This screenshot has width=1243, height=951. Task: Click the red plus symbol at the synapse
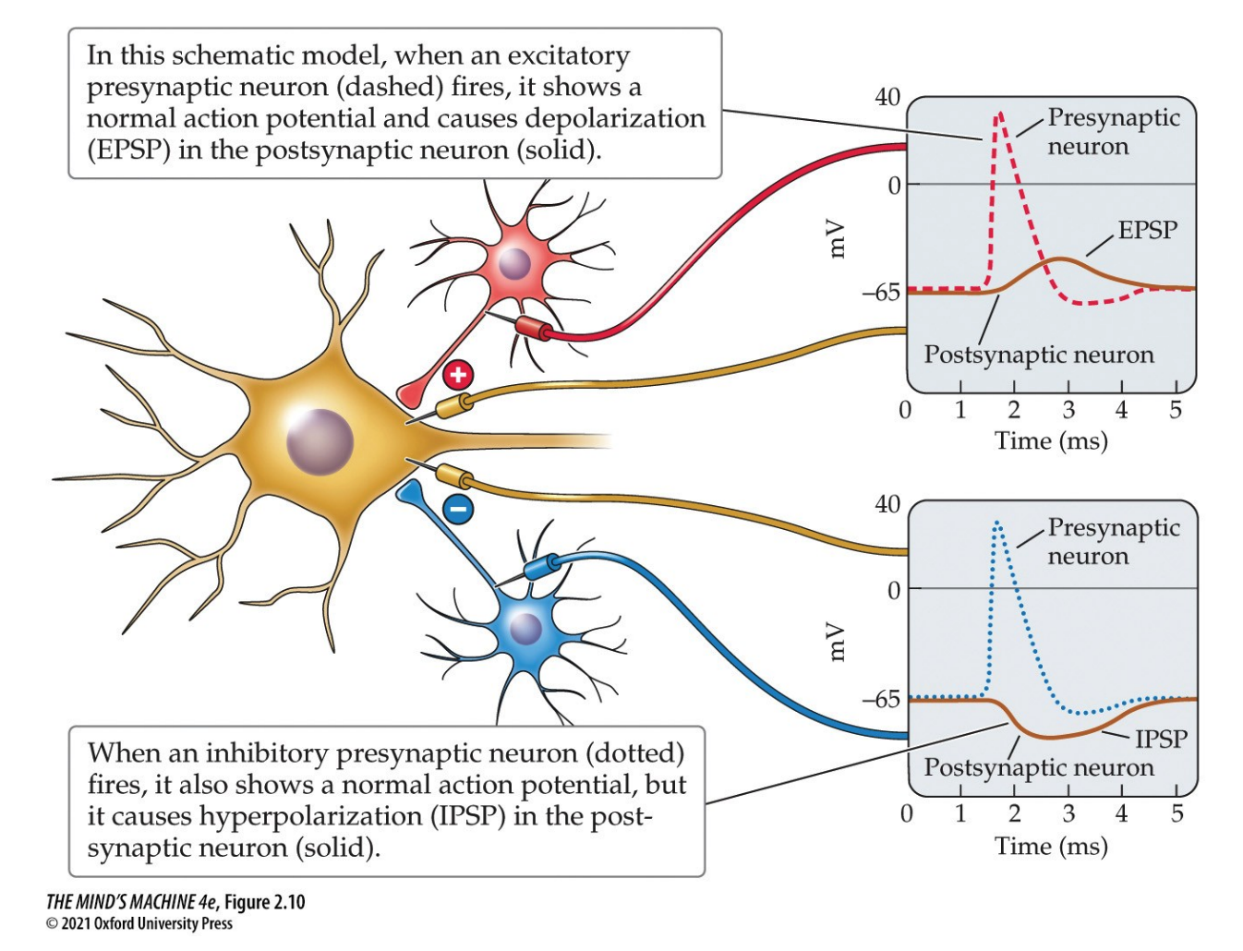(x=458, y=375)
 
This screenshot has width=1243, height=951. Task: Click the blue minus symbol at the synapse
(x=458, y=508)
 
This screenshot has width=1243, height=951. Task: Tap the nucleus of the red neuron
(x=514, y=264)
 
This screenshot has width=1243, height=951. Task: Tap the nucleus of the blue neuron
(x=525, y=630)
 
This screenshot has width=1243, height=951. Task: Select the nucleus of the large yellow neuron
(x=320, y=441)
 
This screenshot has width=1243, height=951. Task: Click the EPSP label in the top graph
(x=1147, y=230)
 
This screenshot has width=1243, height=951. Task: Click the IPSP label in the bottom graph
(x=1161, y=739)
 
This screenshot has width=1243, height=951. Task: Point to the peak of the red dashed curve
(x=998, y=114)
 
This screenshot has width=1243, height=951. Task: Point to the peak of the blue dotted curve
(x=997, y=524)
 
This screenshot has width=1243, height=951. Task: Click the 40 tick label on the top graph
(x=887, y=97)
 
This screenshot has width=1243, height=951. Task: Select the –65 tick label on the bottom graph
(x=881, y=699)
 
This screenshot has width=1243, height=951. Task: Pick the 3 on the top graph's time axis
(x=1068, y=410)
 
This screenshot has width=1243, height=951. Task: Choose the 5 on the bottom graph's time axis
(x=1177, y=813)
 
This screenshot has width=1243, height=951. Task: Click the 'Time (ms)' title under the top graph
(x=1051, y=440)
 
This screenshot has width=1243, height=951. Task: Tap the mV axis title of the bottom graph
(x=836, y=642)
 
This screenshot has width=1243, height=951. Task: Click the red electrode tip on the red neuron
(x=533, y=328)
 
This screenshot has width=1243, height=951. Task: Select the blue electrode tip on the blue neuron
(x=538, y=566)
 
